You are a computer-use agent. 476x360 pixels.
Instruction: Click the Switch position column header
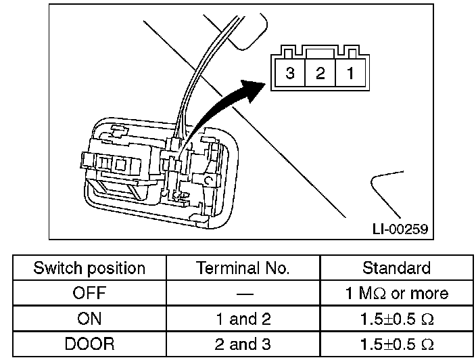click(x=89, y=269)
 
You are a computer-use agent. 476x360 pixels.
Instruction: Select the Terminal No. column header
click(x=243, y=269)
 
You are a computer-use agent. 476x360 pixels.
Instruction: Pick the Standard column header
click(x=396, y=269)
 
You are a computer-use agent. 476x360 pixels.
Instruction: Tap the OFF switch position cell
click(x=89, y=294)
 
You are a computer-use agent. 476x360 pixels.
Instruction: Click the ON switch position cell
click(x=89, y=319)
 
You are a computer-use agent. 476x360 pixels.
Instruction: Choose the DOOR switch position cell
click(x=89, y=344)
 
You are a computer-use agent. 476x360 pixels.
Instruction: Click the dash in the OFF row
click(x=243, y=294)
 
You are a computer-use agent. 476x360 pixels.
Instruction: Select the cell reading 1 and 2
click(x=243, y=319)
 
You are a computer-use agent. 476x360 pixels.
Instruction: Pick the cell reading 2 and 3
click(x=243, y=344)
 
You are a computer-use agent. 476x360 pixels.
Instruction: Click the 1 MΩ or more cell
click(x=396, y=294)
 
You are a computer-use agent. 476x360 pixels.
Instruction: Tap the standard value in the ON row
click(x=396, y=319)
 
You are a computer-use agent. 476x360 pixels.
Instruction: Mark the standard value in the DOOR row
click(x=396, y=344)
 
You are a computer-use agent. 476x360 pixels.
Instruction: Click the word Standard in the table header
click(x=396, y=269)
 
